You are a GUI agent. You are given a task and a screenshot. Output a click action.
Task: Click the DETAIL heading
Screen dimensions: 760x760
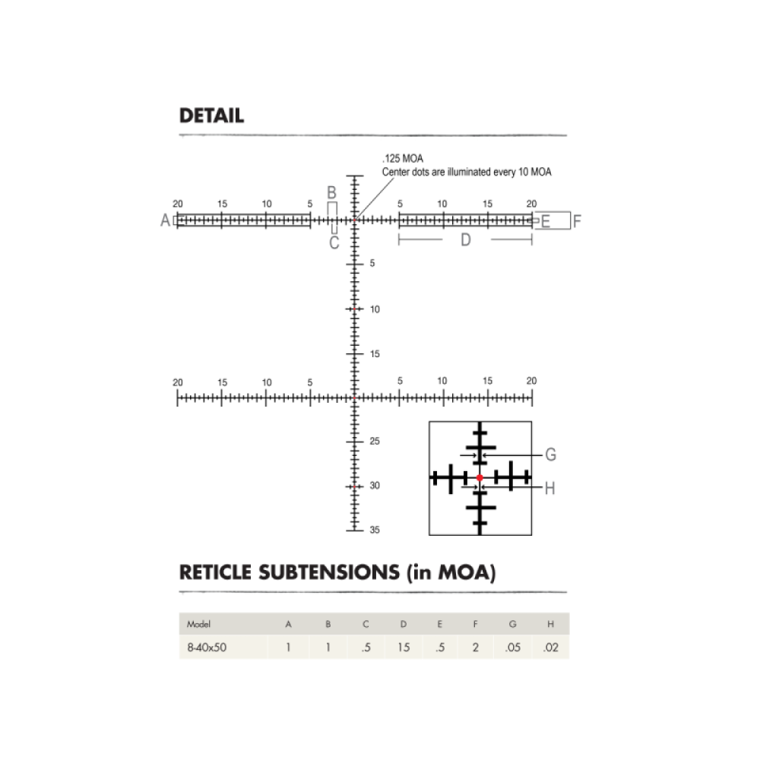pyautogui.click(x=211, y=116)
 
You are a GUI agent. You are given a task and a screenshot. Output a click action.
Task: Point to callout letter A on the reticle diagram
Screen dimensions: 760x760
pyautogui.click(x=165, y=221)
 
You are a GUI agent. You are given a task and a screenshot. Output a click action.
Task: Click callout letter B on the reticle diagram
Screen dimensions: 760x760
pyautogui.click(x=331, y=193)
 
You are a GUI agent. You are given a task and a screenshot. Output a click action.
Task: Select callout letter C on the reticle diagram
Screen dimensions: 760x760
pyautogui.click(x=334, y=243)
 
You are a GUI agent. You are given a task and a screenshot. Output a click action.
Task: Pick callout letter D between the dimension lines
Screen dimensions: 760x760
pyautogui.click(x=466, y=240)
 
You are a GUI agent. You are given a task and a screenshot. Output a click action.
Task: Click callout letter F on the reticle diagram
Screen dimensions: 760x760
pyautogui.click(x=577, y=222)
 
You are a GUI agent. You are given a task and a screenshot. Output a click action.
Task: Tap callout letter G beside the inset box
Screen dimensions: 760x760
pyautogui.click(x=551, y=455)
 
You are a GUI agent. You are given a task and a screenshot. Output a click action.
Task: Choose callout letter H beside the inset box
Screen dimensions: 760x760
pyautogui.click(x=550, y=488)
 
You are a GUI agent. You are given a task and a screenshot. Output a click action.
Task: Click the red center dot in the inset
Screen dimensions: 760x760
pyautogui.click(x=480, y=477)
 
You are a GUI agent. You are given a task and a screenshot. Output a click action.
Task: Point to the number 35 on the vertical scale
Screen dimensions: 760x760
pyautogui.click(x=375, y=530)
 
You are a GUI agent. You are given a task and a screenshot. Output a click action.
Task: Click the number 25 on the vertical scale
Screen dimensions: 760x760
pyautogui.click(x=375, y=442)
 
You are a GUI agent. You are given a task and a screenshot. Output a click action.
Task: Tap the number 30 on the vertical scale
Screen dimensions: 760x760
pyautogui.click(x=375, y=486)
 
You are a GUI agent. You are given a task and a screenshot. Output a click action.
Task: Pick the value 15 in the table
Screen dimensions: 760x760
pyautogui.click(x=403, y=648)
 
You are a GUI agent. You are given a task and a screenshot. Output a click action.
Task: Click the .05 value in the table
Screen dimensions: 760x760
pyautogui.click(x=513, y=648)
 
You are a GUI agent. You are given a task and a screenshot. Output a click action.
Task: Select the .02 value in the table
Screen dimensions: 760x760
pyautogui.click(x=550, y=648)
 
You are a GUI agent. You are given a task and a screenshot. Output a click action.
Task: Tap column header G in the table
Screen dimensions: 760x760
pyautogui.click(x=513, y=625)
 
